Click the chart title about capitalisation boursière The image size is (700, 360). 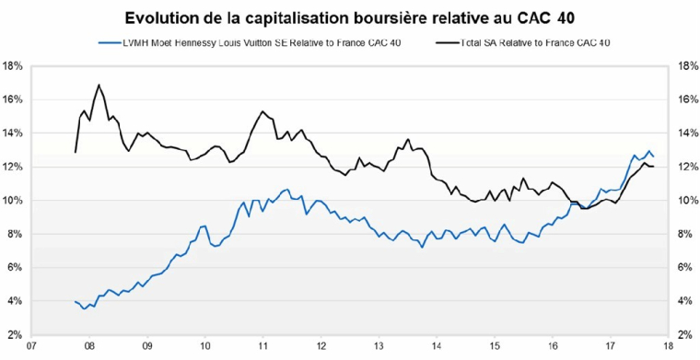coord(350,17)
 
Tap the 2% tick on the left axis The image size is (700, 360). coord(16,334)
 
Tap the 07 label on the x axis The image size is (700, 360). coord(31,348)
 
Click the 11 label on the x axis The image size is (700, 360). coord(262,348)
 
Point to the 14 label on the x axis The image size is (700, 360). coord(436,348)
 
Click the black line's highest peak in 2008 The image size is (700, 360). coord(98,85)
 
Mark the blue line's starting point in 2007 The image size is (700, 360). coord(75,301)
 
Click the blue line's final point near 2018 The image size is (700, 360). coord(654,157)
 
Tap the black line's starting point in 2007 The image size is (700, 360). coord(75,152)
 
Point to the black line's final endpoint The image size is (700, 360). coord(654,167)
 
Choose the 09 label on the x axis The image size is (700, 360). coord(147,348)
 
